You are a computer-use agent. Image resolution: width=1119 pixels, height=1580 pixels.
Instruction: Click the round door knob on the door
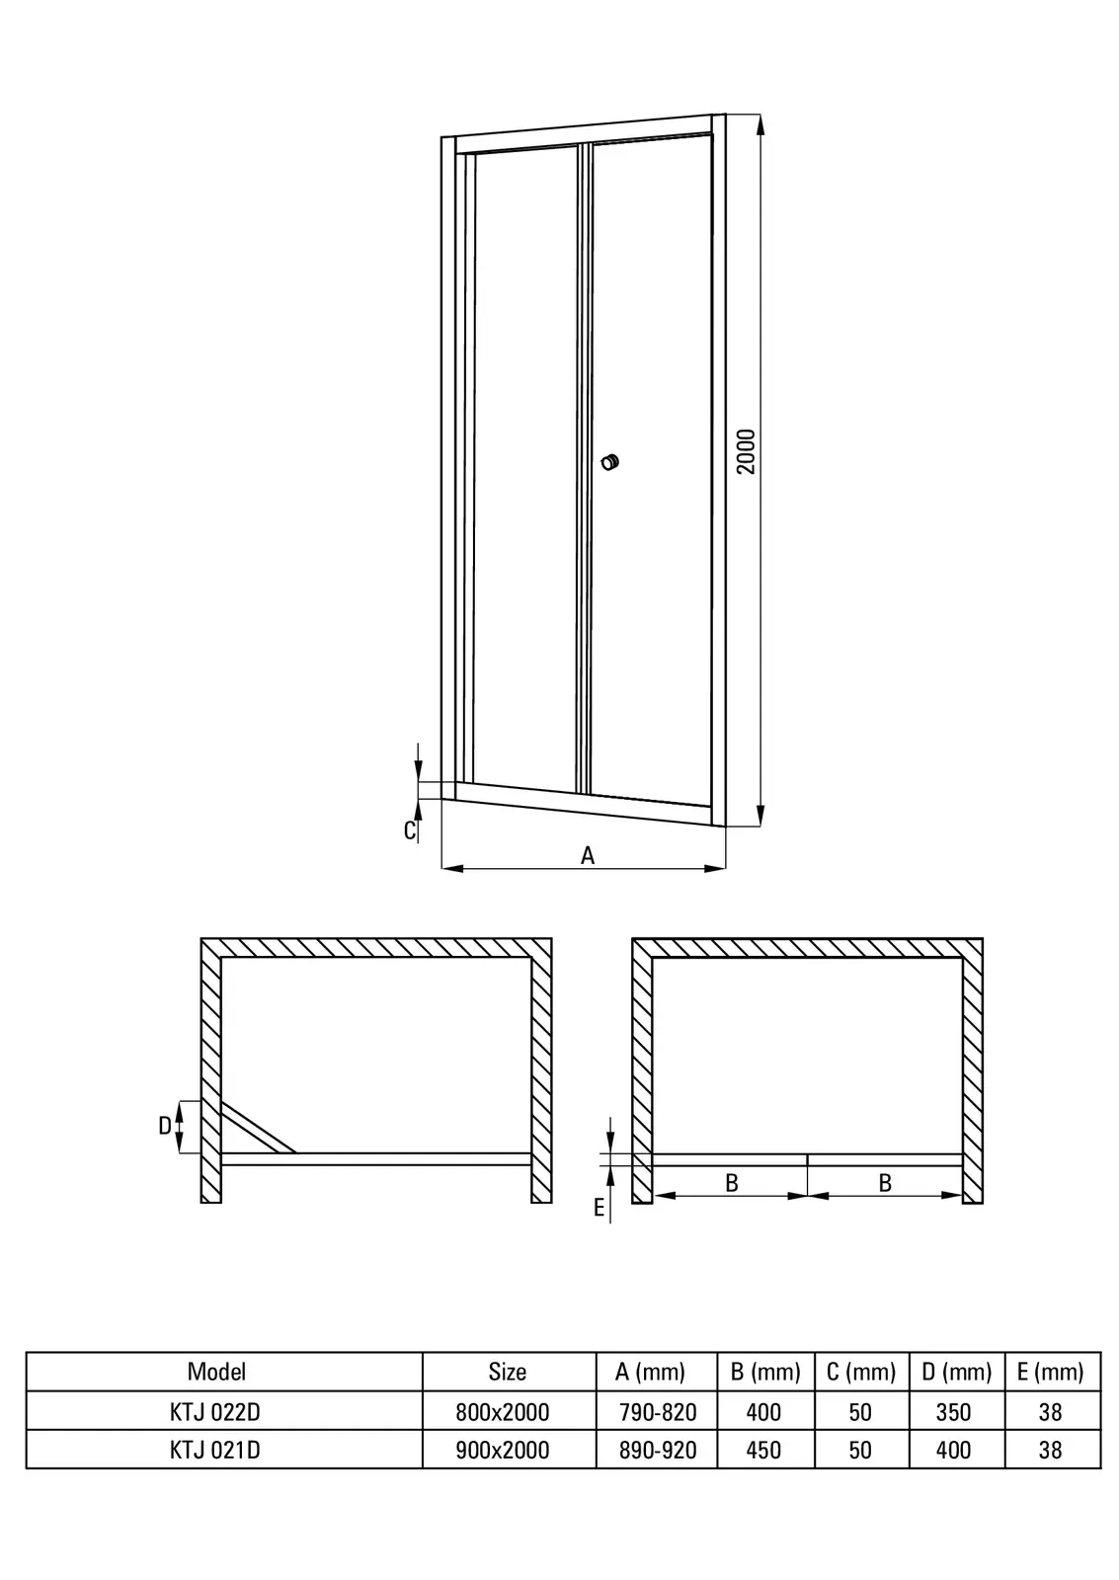(610, 462)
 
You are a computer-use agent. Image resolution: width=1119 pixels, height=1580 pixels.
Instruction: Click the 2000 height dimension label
(746, 451)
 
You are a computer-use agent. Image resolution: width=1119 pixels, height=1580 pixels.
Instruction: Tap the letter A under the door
(588, 855)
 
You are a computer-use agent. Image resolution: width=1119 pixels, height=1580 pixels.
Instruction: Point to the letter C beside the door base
(410, 830)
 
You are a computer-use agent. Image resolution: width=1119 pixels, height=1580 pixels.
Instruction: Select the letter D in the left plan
(165, 1127)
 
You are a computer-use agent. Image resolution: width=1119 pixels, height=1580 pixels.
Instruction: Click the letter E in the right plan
(599, 1209)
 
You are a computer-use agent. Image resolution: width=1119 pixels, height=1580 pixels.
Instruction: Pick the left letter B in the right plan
(732, 1183)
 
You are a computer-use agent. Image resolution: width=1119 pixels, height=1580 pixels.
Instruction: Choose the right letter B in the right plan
(885, 1183)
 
